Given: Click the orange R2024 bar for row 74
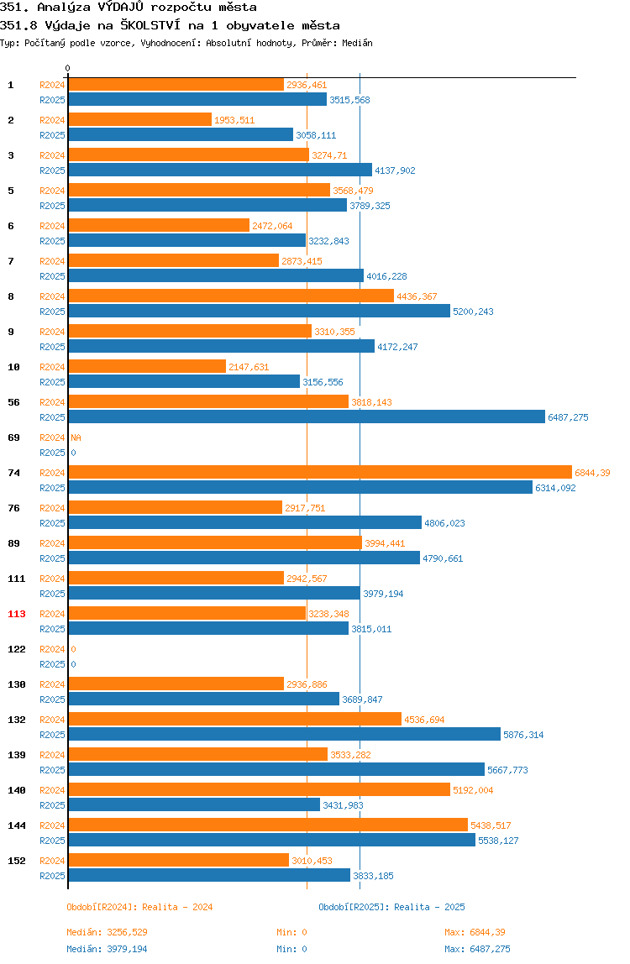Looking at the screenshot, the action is coord(320,472).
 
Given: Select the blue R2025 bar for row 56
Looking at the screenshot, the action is coord(307,417).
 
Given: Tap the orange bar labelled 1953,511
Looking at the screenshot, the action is coord(139,119).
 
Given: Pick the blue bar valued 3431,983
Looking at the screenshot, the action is coord(194,804).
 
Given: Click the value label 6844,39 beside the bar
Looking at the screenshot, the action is coord(592,473).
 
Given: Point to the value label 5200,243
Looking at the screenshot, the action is coord(473,312).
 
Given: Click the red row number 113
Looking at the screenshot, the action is coord(17,614).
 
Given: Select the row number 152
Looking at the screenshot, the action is coord(17,861).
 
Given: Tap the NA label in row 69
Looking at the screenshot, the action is coord(76,437).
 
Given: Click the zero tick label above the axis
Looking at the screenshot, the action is coord(68,68).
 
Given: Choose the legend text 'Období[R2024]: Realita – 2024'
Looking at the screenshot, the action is coord(139,907).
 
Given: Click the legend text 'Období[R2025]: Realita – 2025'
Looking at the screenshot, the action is coord(392,907).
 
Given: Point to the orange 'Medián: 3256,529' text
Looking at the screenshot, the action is coord(107,932).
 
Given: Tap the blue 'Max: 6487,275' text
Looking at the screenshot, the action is coord(477,949).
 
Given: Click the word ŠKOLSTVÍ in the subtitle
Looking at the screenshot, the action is coord(150,25).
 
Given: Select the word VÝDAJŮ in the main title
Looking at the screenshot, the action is coord(121,8).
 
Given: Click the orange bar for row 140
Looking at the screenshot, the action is coord(259,789).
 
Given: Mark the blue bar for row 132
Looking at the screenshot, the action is coord(284,734).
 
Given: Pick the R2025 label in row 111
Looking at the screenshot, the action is coord(52,594).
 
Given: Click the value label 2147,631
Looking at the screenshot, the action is coord(249,367).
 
